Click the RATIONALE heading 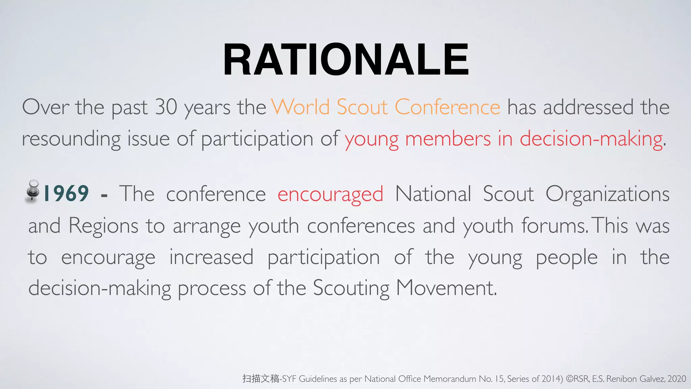pyautogui.click(x=345, y=60)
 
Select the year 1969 pyautogui.click(x=66, y=193)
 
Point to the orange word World pyautogui.click(x=301, y=107)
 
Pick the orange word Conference pyautogui.click(x=447, y=107)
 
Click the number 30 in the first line pyautogui.click(x=166, y=107)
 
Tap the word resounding pyautogui.click(x=71, y=139)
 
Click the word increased pyautogui.click(x=211, y=257)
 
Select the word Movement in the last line pyautogui.click(x=446, y=288)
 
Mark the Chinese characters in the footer pyautogui.click(x=260, y=379)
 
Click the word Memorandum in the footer pyautogui.click(x=450, y=379)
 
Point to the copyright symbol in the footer pyautogui.click(x=570, y=379)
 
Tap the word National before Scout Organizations pyautogui.click(x=433, y=194)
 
